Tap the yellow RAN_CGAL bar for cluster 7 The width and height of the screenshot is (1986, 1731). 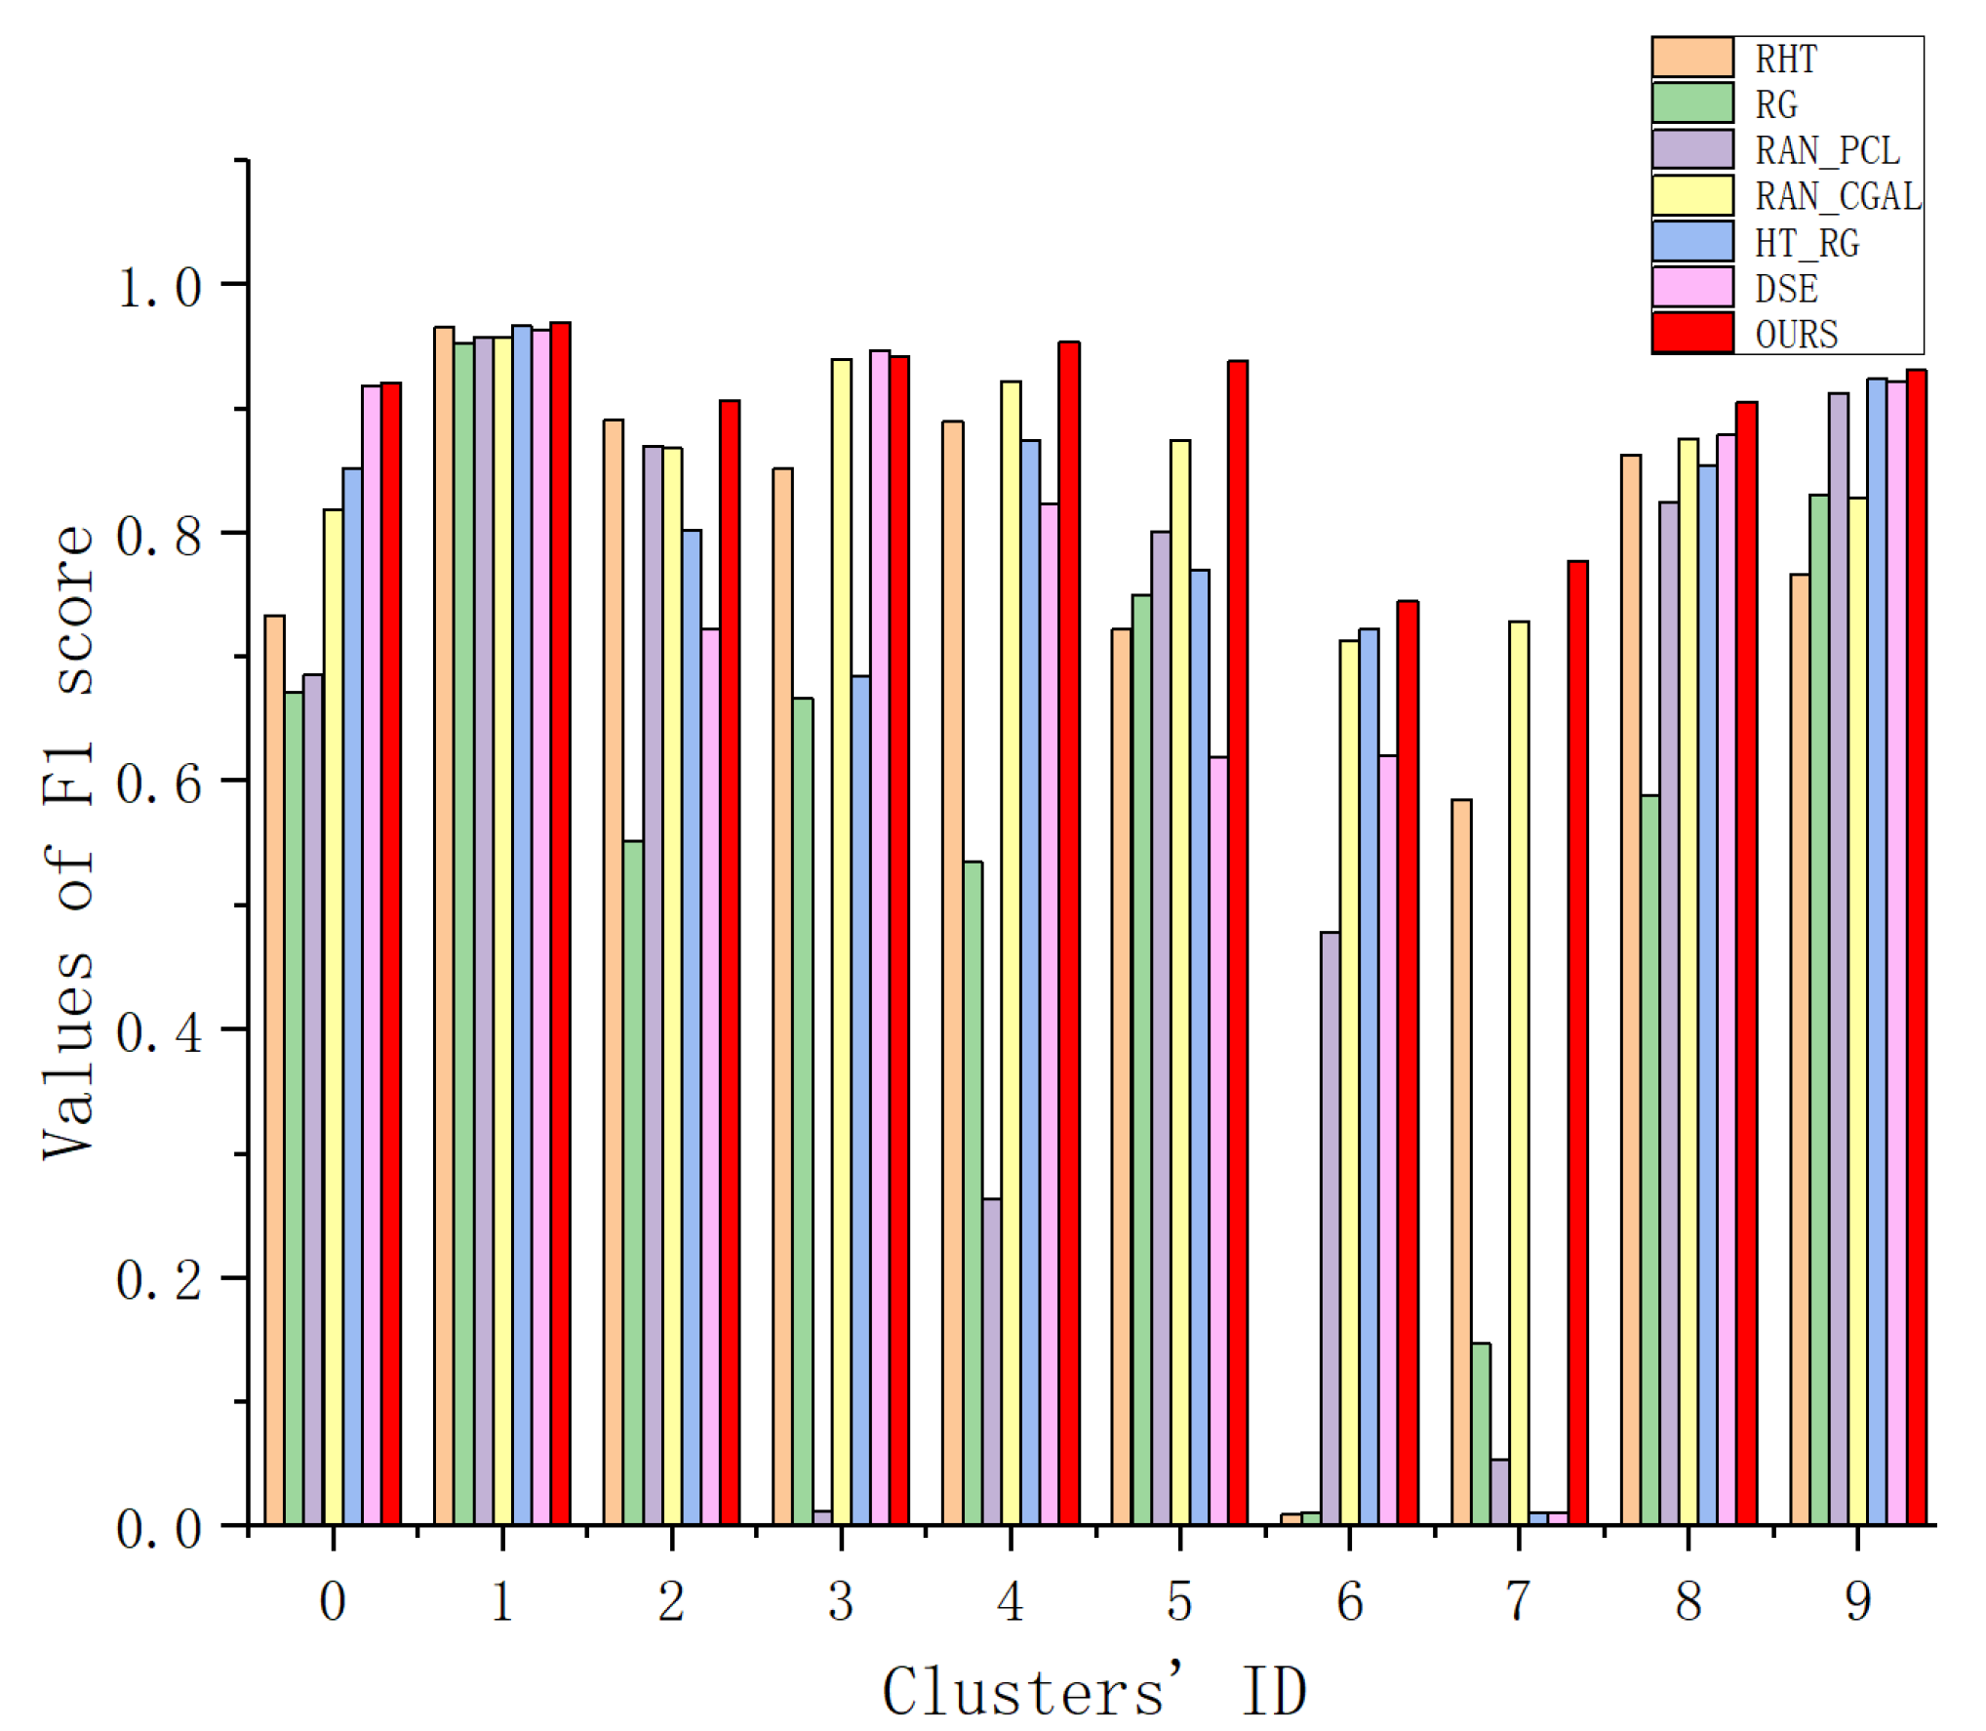point(1519,1072)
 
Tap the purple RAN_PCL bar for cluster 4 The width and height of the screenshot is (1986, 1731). point(992,1361)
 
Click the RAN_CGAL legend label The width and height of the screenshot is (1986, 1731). point(1838,197)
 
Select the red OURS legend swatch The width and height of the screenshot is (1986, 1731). point(1692,333)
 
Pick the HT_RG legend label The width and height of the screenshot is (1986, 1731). point(1807,243)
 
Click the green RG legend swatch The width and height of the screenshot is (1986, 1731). point(1692,103)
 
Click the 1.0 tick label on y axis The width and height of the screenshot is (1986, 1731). point(159,288)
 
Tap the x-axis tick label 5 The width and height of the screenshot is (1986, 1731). point(1179,1601)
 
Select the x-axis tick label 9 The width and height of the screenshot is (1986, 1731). point(1858,1601)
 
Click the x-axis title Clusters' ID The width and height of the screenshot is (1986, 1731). point(1093,1691)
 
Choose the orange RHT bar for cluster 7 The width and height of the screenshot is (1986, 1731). point(1461,1161)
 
